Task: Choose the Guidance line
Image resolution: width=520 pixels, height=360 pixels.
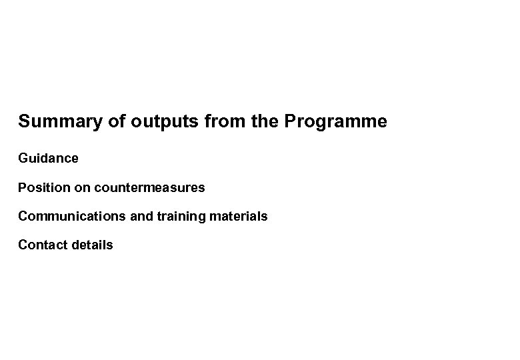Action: pyautogui.click(x=48, y=159)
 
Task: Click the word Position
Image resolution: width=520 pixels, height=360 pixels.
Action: pyautogui.click(x=43, y=188)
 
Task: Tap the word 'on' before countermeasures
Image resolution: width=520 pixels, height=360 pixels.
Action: pyautogui.click(x=83, y=188)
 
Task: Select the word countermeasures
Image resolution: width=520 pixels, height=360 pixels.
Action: pyautogui.click(x=150, y=188)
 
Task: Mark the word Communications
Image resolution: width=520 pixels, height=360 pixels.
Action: pyautogui.click(x=69, y=217)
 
